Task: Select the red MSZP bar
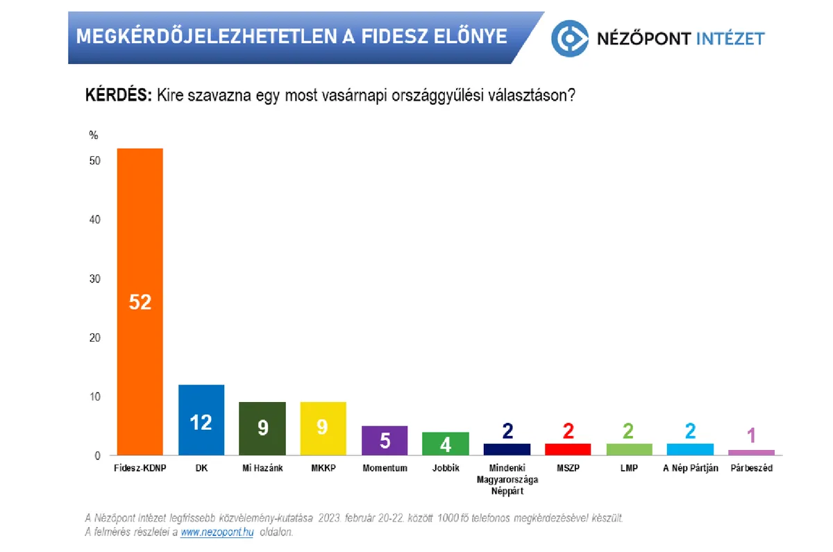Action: pos(568,449)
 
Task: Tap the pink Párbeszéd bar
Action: pos(751,453)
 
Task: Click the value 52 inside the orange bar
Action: pos(140,303)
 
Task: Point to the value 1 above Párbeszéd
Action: pos(751,436)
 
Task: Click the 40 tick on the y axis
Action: pos(95,219)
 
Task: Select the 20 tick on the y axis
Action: pos(95,338)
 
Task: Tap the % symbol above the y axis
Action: pos(94,135)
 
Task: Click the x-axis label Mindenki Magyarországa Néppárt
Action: pos(507,479)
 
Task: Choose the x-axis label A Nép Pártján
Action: pos(690,469)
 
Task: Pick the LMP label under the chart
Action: pos(629,469)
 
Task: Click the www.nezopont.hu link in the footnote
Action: pos(217,533)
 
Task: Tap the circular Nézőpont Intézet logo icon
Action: pos(570,37)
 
